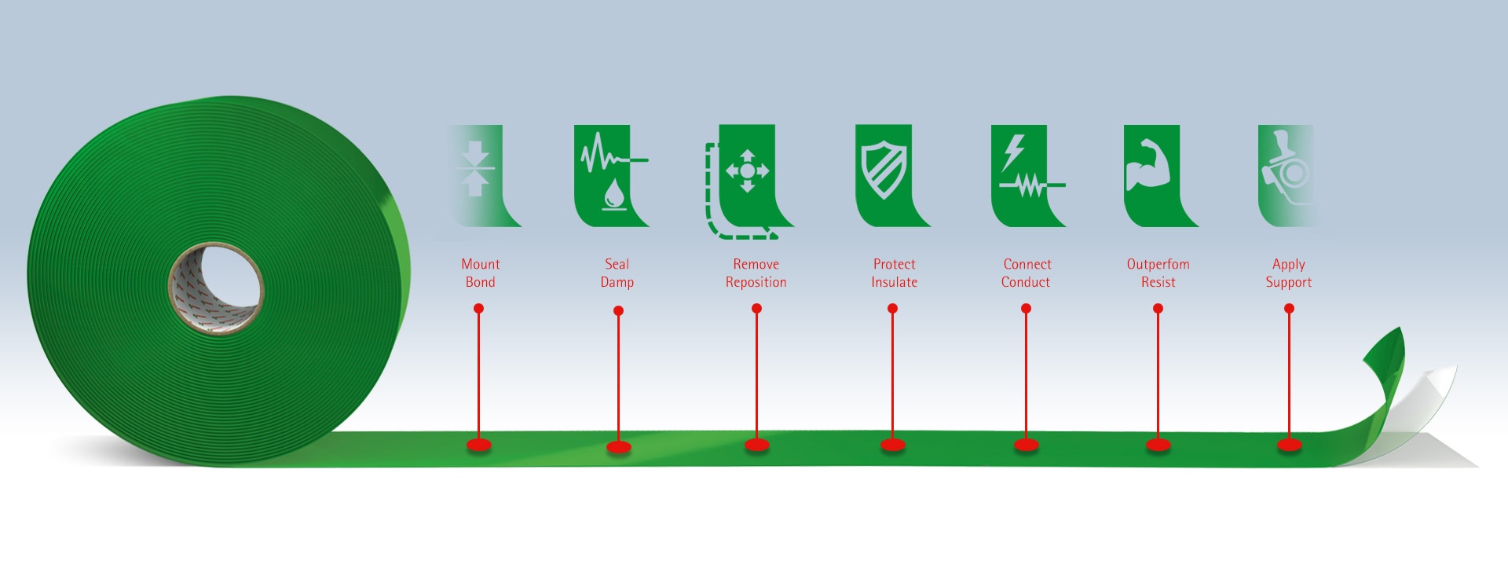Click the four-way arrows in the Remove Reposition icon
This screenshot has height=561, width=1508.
747,170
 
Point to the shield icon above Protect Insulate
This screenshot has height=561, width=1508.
884,170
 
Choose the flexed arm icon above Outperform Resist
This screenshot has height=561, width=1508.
1147,166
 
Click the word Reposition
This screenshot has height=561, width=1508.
756,282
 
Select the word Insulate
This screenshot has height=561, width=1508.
894,282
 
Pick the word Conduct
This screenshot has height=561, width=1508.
1025,282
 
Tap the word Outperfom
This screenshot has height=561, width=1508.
1158,264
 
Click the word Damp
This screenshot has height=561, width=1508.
617,282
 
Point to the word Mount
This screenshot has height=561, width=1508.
480,264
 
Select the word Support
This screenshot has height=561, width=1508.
1288,282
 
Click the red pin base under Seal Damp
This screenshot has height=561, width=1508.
619,448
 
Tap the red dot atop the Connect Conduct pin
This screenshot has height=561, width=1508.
1026,309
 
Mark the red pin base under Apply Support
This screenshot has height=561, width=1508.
1289,445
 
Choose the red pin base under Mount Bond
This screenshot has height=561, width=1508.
479,445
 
